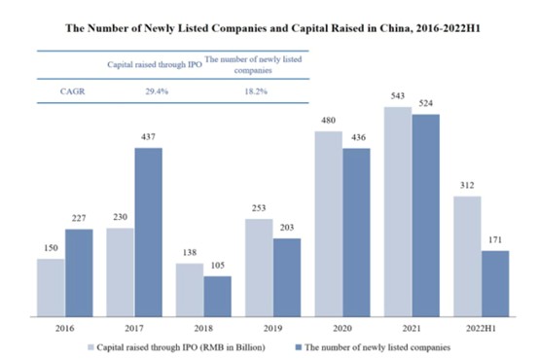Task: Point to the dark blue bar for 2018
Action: click(x=218, y=296)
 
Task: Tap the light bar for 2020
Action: click(x=328, y=223)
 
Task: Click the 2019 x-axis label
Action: click(x=259, y=329)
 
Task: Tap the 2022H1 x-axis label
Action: click(x=482, y=329)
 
